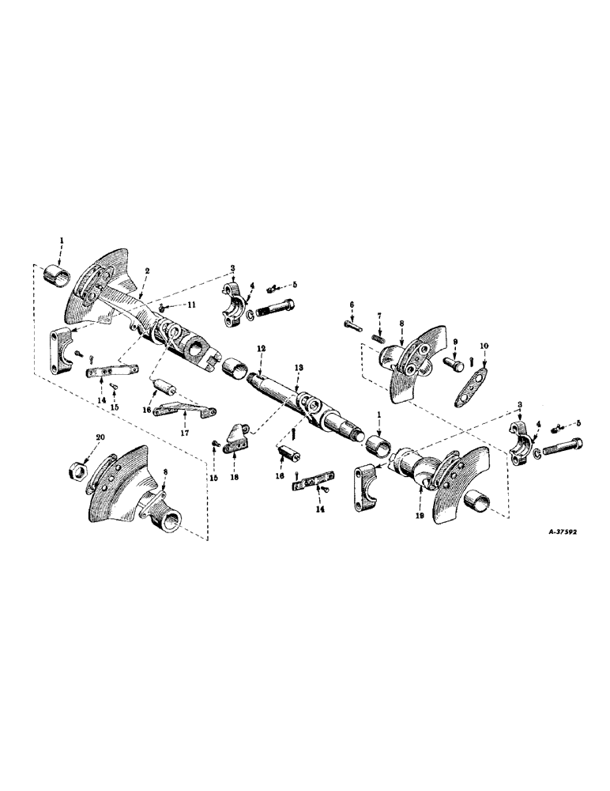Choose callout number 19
(418, 513)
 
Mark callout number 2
(146, 269)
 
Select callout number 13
(298, 368)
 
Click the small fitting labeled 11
(160, 306)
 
